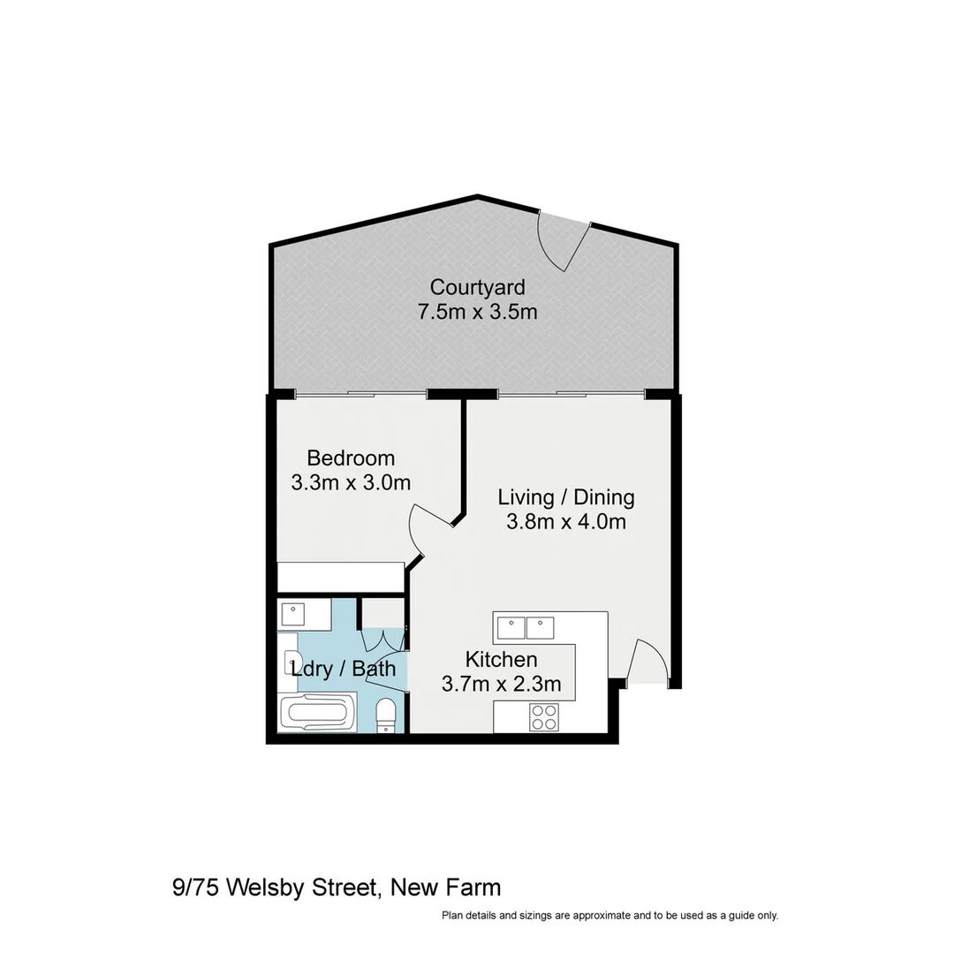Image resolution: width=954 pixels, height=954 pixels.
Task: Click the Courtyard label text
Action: (477, 287)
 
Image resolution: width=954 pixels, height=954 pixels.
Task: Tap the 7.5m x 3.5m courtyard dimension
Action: (477, 312)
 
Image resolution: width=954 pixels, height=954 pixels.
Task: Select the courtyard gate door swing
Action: (563, 241)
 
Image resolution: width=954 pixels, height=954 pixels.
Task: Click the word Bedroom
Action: (351, 458)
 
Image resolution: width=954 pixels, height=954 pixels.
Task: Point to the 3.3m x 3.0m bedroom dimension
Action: (351, 483)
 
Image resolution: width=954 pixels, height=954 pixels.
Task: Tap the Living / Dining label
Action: (565, 497)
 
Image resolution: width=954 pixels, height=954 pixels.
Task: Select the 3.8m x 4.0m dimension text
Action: (565, 522)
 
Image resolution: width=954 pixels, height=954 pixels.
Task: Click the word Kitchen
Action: (501, 660)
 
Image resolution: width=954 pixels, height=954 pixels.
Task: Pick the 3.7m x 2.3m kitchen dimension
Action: (501, 685)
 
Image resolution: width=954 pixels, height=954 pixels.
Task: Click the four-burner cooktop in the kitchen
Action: (544, 717)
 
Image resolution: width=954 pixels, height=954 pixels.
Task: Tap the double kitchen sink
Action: (526, 627)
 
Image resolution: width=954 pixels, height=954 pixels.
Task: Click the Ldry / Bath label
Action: (344, 669)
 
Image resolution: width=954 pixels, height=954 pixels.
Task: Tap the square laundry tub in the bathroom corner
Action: (292, 614)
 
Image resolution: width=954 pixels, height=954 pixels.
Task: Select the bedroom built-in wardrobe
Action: (340, 577)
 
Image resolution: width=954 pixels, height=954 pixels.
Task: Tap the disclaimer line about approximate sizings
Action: (609, 916)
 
